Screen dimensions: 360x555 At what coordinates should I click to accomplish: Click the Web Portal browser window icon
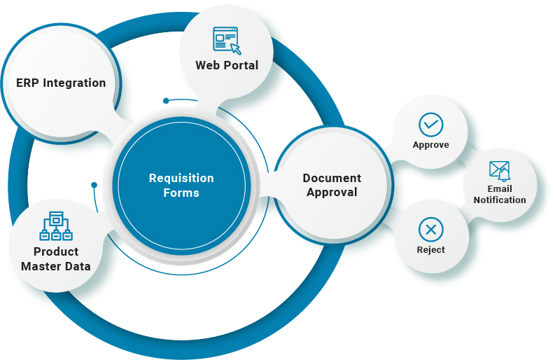226,40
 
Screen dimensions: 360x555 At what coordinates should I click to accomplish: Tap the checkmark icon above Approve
430,125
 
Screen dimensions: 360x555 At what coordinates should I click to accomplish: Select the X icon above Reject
430,229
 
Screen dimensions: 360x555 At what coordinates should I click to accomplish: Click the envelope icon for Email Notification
500,171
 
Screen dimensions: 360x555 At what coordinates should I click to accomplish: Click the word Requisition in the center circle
181,178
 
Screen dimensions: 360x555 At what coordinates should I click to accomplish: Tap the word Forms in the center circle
181,193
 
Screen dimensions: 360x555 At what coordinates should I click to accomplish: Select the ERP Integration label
61,83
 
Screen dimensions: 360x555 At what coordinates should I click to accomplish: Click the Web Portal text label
227,65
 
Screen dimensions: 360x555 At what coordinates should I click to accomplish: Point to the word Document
332,178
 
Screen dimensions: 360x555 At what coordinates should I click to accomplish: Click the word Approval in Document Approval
332,192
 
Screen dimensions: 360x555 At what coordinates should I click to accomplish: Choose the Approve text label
430,145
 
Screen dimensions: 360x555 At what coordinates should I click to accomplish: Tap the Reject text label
430,249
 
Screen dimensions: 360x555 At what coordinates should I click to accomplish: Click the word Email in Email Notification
500,188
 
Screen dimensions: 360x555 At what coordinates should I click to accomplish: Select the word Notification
500,200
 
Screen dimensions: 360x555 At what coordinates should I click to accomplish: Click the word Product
56,251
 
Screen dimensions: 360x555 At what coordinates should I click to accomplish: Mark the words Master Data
56,266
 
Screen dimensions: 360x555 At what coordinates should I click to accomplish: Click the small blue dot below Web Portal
166,101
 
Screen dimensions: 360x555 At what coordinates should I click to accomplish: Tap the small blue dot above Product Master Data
94,185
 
